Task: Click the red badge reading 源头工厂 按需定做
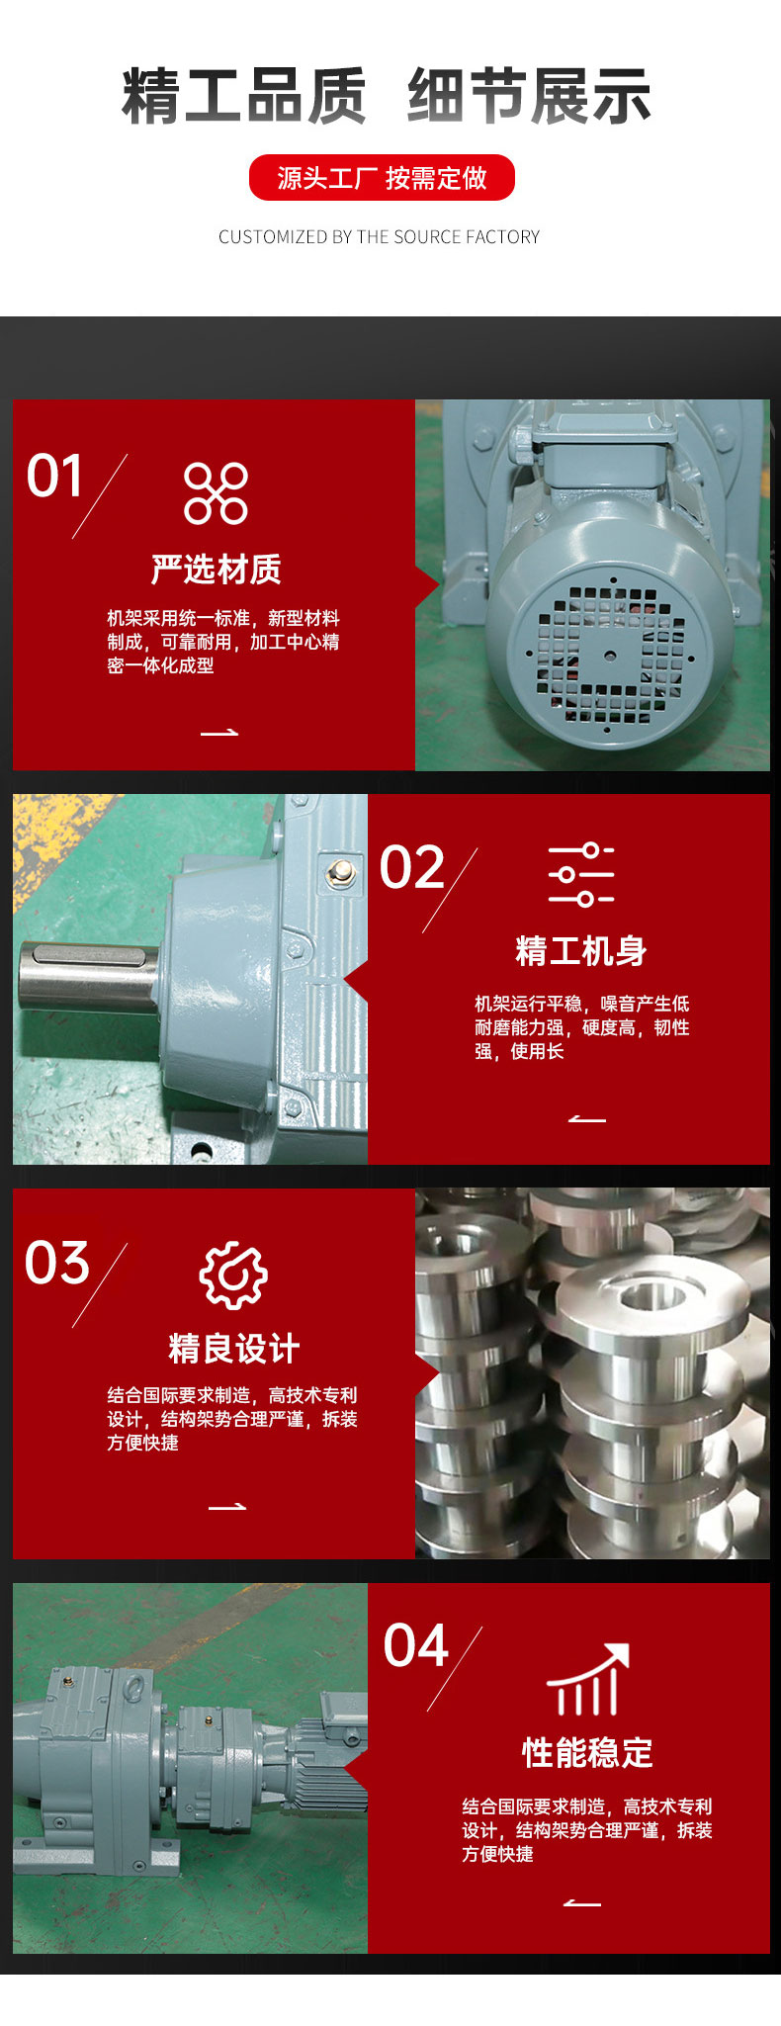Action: [382, 178]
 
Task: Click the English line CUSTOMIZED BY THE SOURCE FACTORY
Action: [380, 237]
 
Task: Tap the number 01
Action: [55, 477]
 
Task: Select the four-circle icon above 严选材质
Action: [216, 492]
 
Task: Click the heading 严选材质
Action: [217, 569]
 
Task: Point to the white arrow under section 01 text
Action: [219, 733]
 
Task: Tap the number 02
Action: [412, 867]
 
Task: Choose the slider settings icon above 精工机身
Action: [581, 875]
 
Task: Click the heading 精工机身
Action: [581, 951]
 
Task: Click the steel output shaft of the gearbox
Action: [89, 974]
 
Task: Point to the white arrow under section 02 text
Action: [587, 1118]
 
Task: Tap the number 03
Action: [57, 1263]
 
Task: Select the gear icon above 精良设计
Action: [233, 1276]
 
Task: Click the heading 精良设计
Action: [234, 1348]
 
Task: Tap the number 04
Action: [416, 1646]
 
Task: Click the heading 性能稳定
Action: [588, 1752]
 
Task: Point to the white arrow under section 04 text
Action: [582, 1902]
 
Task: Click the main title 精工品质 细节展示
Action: [387, 96]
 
